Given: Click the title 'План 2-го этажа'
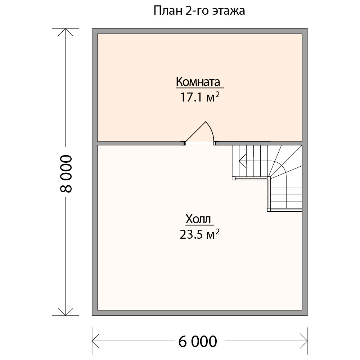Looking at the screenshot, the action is pyautogui.click(x=199, y=11).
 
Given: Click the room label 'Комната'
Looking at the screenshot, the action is pyautogui.click(x=198, y=81).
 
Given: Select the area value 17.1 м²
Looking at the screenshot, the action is pyautogui.click(x=200, y=97).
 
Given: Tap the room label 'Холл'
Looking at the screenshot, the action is pyautogui.click(x=198, y=219).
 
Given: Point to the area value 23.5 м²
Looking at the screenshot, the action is pyautogui.click(x=199, y=234).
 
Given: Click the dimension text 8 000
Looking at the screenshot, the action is pyautogui.click(x=66, y=174).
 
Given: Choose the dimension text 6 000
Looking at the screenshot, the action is pyautogui.click(x=198, y=341).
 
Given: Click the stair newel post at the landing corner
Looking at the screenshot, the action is pyautogui.click(x=269, y=178).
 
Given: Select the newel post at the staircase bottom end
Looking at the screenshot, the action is pyautogui.click(x=269, y=210).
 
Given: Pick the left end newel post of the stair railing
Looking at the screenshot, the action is pyautogui.click(x=234, y=178).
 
